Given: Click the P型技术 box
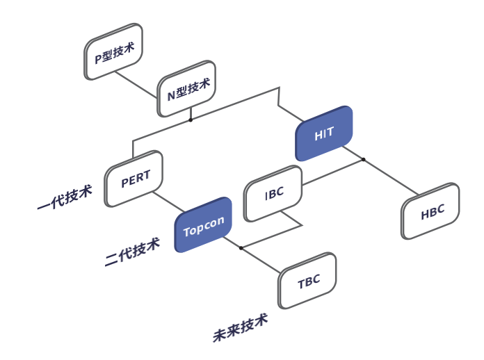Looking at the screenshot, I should [113, 51].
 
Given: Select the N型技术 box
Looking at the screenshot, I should [186, 89].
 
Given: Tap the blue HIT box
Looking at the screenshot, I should [324, 133].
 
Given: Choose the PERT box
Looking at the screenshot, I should [134, 179].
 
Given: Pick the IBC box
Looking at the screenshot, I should [274, 193].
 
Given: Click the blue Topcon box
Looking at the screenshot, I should [203, 225].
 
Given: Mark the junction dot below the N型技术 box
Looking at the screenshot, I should [191, 120].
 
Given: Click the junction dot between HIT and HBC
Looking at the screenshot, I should [363, 160].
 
